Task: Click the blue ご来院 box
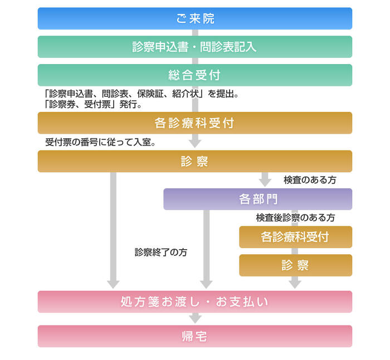coord(195,18)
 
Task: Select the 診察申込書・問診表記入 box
coord(195,47)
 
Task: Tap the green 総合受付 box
coord(195,75)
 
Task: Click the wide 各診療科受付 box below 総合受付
coord(195,123)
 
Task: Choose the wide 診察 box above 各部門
coord(195,162)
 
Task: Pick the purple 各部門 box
coord(257,199)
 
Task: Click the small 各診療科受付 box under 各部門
coord(295,237)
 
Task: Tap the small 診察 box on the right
coord(295,265)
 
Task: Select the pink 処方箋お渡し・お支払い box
coord(195,302)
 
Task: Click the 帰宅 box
coord(195,337)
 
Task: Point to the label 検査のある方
coord(310,180)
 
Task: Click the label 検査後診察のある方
coord(295,218)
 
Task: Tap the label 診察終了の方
coord(160,252)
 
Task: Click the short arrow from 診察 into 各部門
coord(265,179)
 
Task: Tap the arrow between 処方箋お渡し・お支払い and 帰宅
coord(195,319)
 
